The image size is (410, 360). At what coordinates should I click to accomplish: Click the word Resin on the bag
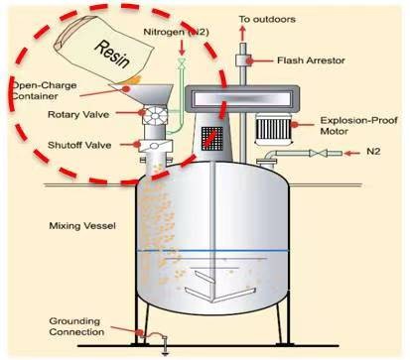pyautogui.click(x=112, y=55)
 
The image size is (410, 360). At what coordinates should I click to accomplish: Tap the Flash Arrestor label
pyautogui.click(x=311, y=60)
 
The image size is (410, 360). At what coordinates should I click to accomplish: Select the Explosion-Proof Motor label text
pyautogui.click(x=358, y=126)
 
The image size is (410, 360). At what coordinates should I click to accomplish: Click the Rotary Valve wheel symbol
pyautogui.click(x=155, y=115)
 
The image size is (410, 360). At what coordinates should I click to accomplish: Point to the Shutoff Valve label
pyautogui.click(x=79, y=145)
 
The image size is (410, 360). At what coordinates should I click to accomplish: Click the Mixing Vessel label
pyautogui.click(x=82, y=226)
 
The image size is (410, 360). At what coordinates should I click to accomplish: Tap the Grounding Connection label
pyautogui.click(x=76, y=326)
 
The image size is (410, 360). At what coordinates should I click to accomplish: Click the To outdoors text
pyautogui.click(x=267, y=19)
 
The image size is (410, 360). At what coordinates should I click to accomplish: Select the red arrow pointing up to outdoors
pyautogui.click(x=242, y=33)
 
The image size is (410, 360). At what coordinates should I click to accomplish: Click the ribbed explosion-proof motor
pyautogui.click(x=273, y=128)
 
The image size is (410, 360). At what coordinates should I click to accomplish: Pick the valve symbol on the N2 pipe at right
pyautogui.click(x=318, y=153)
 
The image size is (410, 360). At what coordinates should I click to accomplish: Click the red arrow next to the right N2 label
pyautogui.click(x=352, y=153)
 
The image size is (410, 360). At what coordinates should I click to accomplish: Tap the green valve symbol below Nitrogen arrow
pyautogui.click(x=182, y=63)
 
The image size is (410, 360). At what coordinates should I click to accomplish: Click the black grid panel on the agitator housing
pyautogui.click(x=212, y=138)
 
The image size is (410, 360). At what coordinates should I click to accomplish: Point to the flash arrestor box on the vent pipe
pyautogui.click(x=242, y=60)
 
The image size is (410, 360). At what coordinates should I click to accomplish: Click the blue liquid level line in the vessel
pyautogui.click(x=212, y=251)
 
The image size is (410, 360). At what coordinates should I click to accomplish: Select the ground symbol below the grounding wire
pyautogui.click(x=165, y=350)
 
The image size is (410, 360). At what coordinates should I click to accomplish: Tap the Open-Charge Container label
pyautogui.click(x=45, y=91)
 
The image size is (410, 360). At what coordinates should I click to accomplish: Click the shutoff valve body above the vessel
pyautogui.click(x=155, y=146)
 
